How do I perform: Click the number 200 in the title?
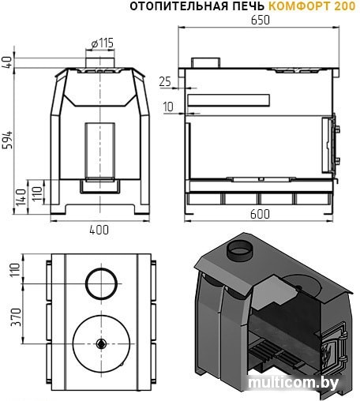(x=343, y=6)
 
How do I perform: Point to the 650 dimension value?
(x=261, y=21)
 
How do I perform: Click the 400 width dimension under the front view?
(x=99, y=230)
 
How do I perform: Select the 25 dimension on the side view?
(x=164, y=81)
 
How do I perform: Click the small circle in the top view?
(x=100, y=283)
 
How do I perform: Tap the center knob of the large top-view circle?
(x=101, y=344)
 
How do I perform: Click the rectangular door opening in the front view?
(x=99, y=150)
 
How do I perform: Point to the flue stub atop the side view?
(x=207, y=62)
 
